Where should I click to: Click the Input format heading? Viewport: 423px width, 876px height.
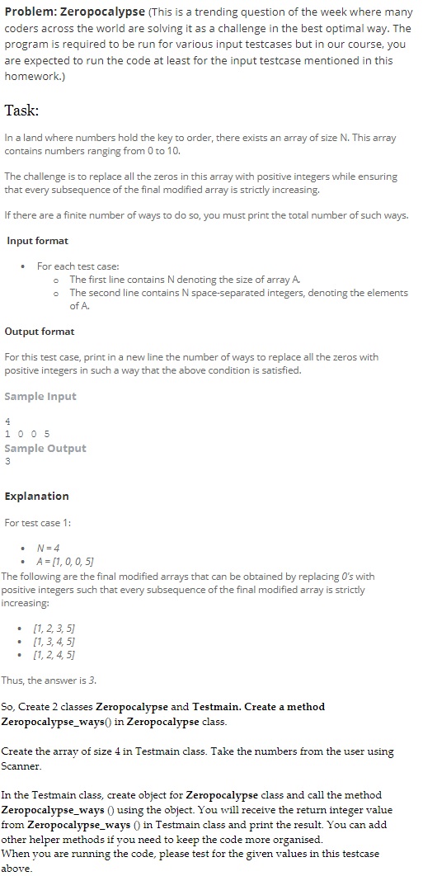pos(37,241)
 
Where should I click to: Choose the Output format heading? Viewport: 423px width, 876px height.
pos(40,332)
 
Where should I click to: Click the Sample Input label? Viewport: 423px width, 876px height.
pos(40,397)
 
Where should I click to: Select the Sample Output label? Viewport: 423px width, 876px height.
pos(45,449)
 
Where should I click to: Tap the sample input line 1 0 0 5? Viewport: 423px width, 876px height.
pos(27,435)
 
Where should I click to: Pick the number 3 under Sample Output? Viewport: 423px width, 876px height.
pos(7,461)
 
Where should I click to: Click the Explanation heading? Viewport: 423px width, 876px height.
pos(37,497)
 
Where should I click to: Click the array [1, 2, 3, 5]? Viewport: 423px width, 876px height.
pos(52,629)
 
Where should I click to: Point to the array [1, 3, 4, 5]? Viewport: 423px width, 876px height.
pos(52,642)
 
